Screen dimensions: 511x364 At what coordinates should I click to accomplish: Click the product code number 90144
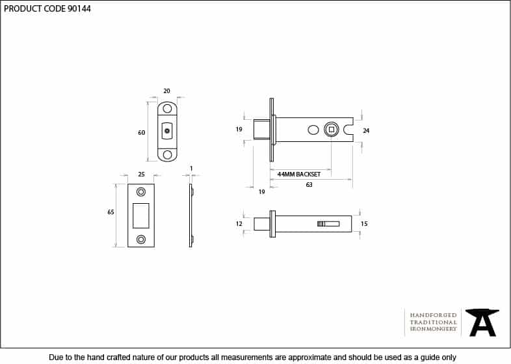pyautogui.click(x=79, y=9)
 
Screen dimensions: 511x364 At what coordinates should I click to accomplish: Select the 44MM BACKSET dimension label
pyautogui.click(x=299, y=175)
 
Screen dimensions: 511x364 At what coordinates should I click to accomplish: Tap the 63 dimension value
pyautogui.click(x=309, y=185)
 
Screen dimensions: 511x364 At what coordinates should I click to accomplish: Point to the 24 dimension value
pyautogui.click(x=366, y=131)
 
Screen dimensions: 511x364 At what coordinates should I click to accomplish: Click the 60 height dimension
pyautogui.click(x=142, y=133)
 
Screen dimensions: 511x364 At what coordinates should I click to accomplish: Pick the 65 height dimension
pyautogui.click(x=111, y=212)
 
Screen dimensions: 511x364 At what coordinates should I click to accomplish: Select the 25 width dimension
pyautogui.click(x=141, y=175)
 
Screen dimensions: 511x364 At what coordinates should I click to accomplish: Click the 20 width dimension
pyautogui.click(x=166, y=91)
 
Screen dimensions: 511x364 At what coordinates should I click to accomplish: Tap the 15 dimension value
pyautogui.click(x=364, y=223)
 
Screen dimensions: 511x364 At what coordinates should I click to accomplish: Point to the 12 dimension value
pyautogui.click(x=239, y=223)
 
